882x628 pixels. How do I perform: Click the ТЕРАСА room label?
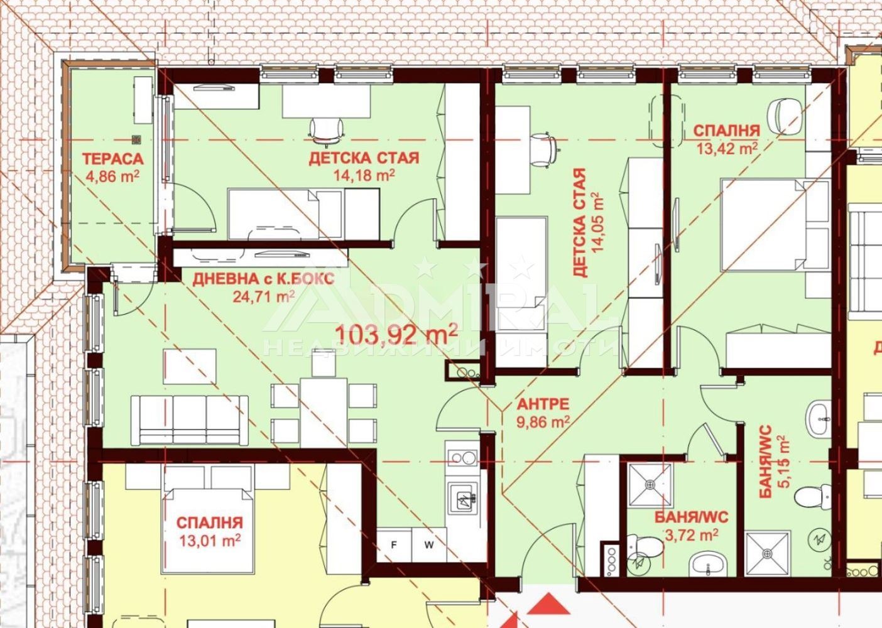click(112, 160)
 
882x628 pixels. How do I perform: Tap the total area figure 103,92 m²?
click(396, 335)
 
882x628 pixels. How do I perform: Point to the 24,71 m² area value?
click(264, 296)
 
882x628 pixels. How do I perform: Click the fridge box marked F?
click(394, 545)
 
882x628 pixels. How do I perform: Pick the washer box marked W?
click(429, 545)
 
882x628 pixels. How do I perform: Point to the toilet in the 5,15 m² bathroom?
click(812, 497)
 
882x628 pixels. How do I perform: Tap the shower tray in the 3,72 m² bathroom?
click(649, 485)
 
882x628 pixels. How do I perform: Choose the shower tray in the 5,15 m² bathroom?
click(768, 554)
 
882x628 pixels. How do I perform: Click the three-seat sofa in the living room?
click(189, 420)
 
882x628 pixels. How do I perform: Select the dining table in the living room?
click(324, 413)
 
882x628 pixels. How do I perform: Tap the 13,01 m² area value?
click(210, 539)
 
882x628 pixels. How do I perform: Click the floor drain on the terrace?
click(136, 139)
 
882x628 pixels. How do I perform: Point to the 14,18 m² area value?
click(364, 175)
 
